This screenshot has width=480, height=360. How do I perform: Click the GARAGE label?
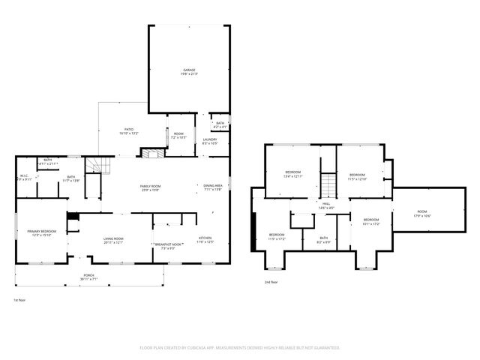point(188,70)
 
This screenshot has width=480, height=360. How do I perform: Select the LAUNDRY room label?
point(209,139)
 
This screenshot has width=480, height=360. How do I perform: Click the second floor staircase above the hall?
point(328,184)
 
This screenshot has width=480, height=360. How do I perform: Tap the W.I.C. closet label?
point(25,178)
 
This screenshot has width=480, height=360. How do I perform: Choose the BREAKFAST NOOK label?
point(169,245)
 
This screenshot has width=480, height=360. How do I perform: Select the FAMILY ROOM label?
point(151,187)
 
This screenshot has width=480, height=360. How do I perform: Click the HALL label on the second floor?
point(326,204)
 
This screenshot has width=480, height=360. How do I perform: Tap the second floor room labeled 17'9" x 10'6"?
point(422,214)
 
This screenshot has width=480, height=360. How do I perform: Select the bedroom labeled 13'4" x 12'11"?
point(292,174)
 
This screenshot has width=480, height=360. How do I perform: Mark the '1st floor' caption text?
point(20,300)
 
